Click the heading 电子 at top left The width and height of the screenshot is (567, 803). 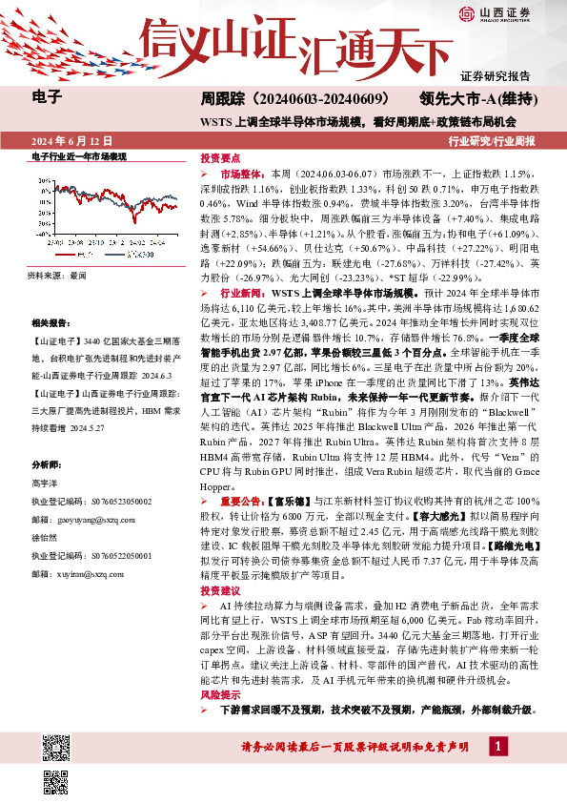[47, 96]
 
